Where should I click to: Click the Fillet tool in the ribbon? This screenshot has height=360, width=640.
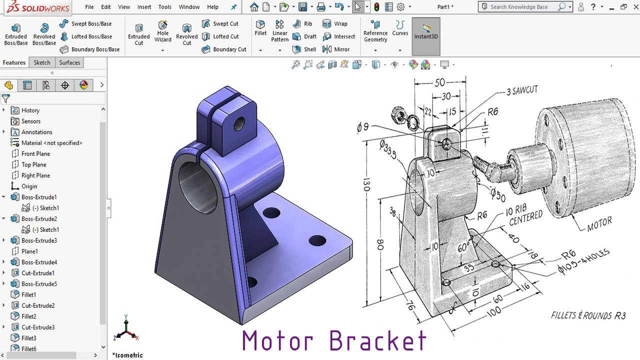[260, 28]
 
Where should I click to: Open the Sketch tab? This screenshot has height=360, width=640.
[42, 62]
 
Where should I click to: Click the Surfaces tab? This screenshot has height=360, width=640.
[69, 62]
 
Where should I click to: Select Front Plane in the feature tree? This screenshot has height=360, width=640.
[35, 153]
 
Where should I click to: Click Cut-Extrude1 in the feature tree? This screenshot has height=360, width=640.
[38, 273]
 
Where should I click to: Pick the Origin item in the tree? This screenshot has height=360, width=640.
[29, 186]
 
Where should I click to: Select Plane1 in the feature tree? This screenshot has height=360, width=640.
[29, 251]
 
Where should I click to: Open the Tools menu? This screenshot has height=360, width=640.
[164, 7]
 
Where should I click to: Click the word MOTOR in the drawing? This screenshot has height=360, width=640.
[599, 225]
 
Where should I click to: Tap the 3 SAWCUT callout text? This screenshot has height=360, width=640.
[522, 90]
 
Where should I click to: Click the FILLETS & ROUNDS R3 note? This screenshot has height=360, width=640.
[588, 315]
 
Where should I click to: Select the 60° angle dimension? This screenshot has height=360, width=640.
[464, 247]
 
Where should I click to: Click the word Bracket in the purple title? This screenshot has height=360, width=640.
[378, 341]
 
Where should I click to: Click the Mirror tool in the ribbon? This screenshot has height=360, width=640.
[336, 49]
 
